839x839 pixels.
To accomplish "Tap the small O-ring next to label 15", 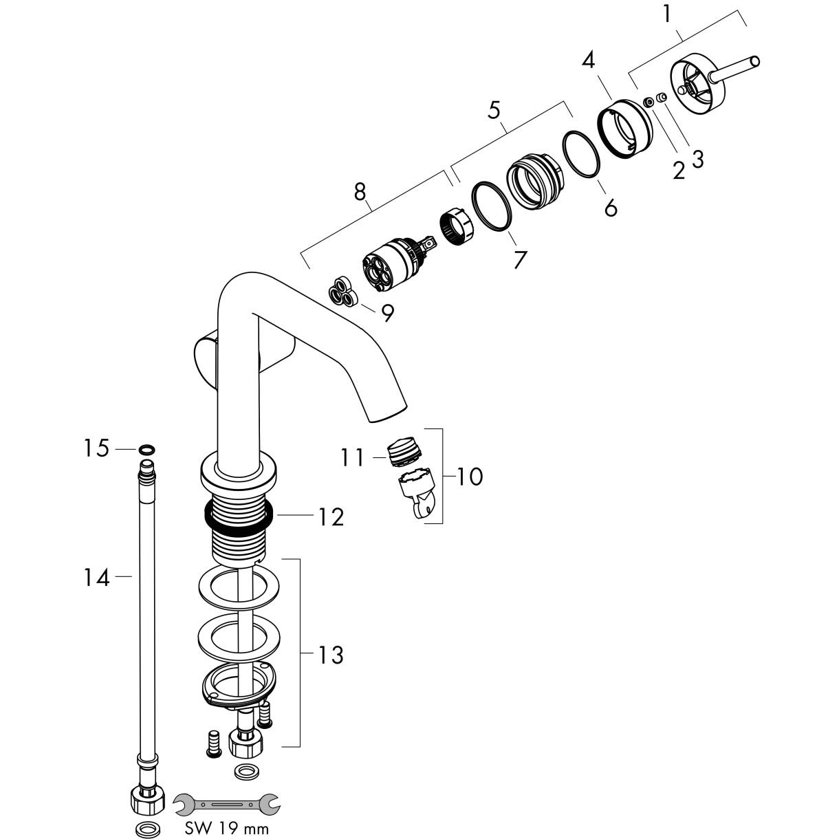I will pyautogui.click(x=145, y=450).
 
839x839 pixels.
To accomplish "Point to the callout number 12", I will pyautogui.click(x=330, y=516).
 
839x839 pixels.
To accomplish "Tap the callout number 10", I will pyautogui.click(x=470, y=476).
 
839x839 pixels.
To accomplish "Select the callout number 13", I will pyautogui.click(x=330, y=655).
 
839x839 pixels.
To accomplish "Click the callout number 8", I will pyautogui.click(x=360, y=192).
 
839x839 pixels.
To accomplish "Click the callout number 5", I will pyautogui.click(x=494, y=111).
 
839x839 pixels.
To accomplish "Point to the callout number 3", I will pyautogui.click(x=697, y=159).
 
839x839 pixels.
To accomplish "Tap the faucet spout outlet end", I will pyautogui.click(x=386, y=413).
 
